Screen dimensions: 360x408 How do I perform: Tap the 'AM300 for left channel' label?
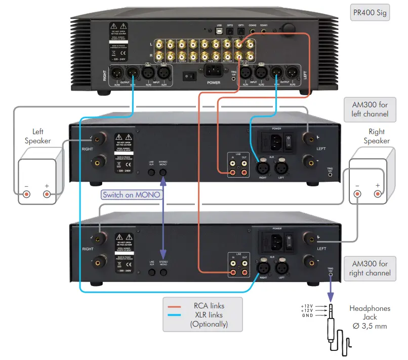(370, 109)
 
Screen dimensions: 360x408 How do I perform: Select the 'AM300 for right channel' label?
(370, 268)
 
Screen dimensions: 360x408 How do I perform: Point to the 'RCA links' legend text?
(209, 305)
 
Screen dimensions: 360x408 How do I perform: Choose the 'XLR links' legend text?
(209, 314)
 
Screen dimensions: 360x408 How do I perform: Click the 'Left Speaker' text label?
(38, 136)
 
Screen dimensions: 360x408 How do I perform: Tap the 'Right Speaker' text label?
(376, 137)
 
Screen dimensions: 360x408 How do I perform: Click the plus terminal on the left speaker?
(47, 194)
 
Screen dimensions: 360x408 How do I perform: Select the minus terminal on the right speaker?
(357, 194)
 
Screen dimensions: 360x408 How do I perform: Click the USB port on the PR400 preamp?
(219, 31)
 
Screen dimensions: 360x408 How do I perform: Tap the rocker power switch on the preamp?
(190, 76)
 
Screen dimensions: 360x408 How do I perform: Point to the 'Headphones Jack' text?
(370, 313)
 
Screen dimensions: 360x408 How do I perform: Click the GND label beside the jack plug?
(307, 315)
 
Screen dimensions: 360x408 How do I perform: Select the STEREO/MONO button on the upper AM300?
(163, 172)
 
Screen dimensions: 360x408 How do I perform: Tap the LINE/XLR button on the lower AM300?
(151, 272)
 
